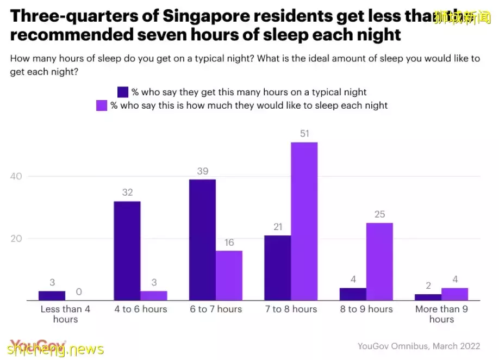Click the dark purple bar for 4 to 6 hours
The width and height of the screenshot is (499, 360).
coord(127,251)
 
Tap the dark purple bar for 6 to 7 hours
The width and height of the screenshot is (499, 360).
coord(202,240)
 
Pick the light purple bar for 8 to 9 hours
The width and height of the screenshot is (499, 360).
coord(379,262)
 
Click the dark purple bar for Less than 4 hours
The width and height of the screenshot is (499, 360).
coord(52,296)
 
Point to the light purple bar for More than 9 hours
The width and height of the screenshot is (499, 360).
coord(454,294)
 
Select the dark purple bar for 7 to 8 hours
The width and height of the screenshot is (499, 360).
coord(277,268)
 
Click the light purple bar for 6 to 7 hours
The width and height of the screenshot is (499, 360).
coord(229,275)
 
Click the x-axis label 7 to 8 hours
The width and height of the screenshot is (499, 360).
coord(290,309)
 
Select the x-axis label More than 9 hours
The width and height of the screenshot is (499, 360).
coord(441,314)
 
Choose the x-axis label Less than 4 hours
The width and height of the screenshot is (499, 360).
coord(65,314)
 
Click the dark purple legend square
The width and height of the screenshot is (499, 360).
coord(123,92)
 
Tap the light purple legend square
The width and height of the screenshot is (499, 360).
coord(102,105)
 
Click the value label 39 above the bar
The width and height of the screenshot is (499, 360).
coord(202,171)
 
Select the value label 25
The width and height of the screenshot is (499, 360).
coord(379,215)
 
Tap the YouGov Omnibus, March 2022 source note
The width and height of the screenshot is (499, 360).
coord(419,346)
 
